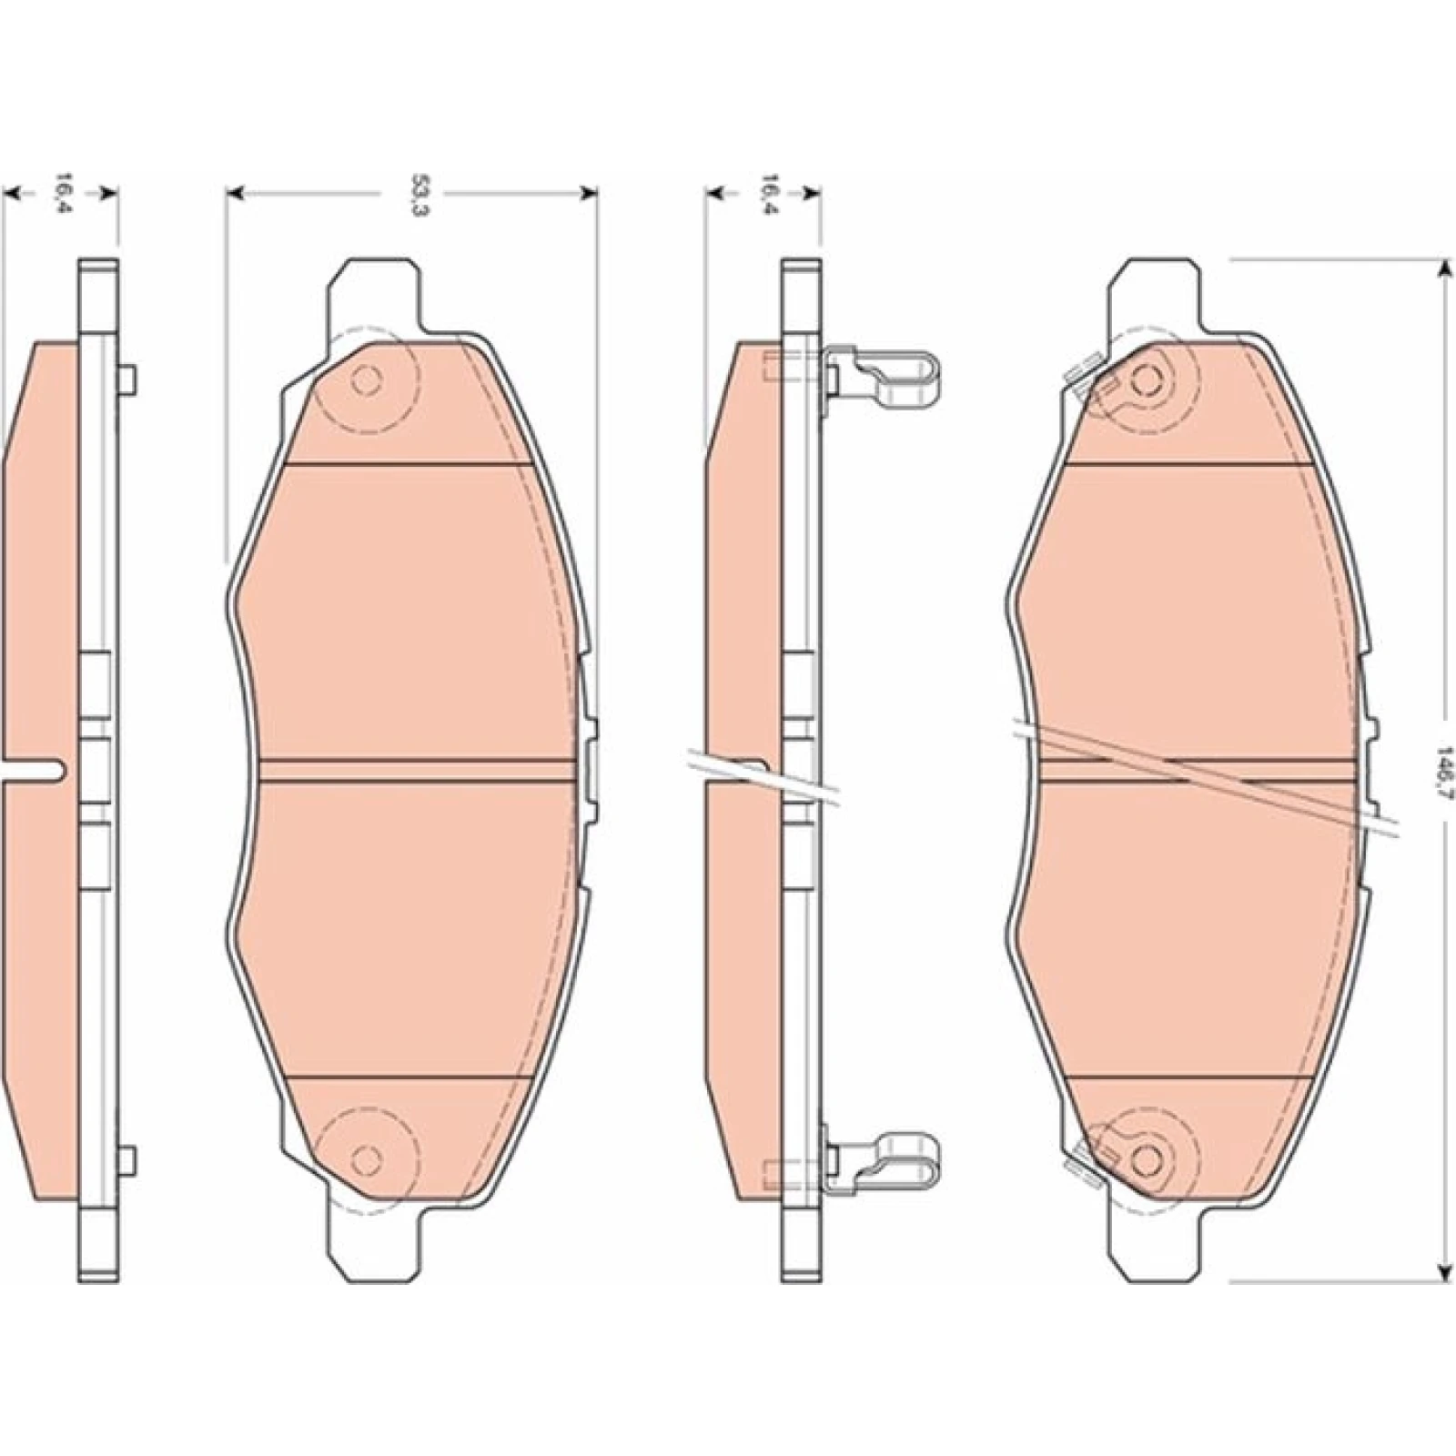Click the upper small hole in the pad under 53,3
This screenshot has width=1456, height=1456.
coord(366,380)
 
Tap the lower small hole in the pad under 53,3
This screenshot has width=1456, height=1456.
coord(366,1159)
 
